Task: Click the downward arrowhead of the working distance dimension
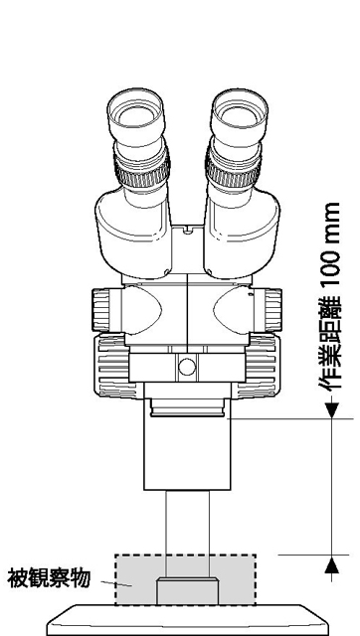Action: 329,407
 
